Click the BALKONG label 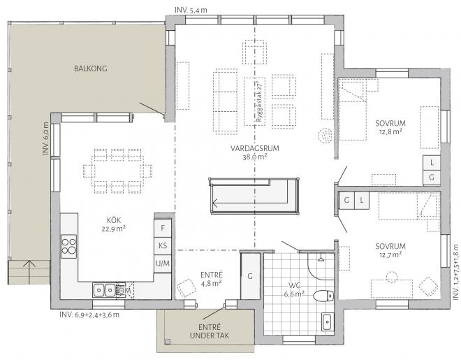(x=91, y=69)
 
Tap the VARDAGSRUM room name (x=255, y=148)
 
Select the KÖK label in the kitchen (x=114, y=220)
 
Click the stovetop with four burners (x=68, y=247)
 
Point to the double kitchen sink (x=104, y=291)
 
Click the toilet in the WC (x=323, y=296)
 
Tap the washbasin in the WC (x=327, y=322)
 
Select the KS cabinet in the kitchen (x=163, y=245)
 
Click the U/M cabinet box (x=163, y=264)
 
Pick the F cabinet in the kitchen (x=163, y=228)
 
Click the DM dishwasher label (x=125, y=291)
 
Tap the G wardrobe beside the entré (x=250, y=276)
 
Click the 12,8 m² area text (x=390, y=131)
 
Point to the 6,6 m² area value (x=293, y=294)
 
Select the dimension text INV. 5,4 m (x=191, y=10)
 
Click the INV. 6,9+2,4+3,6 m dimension (x=89, y=315)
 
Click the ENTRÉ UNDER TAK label (x=210, y=331)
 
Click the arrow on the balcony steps (x=29, y=272)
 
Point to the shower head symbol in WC (x=321, y=259)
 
